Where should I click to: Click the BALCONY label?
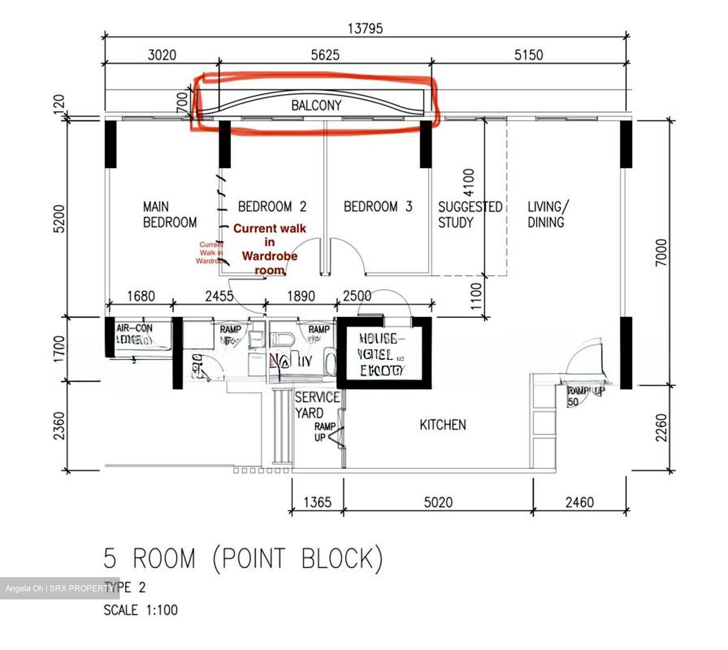(316, 105)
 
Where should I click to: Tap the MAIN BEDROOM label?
(169, 214)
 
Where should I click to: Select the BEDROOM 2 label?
(272, 206)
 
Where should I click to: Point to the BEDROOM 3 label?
(378, 206)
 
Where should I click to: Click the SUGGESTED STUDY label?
(470, 214)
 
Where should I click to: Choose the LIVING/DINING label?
(548, 214)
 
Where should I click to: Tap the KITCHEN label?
(442, 425)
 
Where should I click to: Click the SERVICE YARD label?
(317, 405)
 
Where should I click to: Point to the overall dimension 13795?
(365, 28)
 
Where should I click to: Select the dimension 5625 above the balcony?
(325, 55)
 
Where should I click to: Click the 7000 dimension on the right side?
(661, 253)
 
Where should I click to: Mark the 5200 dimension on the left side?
(59, 219)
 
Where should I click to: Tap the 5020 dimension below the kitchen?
(438, 502)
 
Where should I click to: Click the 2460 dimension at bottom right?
(579, 502)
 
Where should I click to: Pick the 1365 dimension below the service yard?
(317, 502)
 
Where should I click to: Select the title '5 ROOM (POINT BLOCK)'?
(243, 559)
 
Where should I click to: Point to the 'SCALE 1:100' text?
(141, 610)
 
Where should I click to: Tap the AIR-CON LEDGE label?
(134, 334)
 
